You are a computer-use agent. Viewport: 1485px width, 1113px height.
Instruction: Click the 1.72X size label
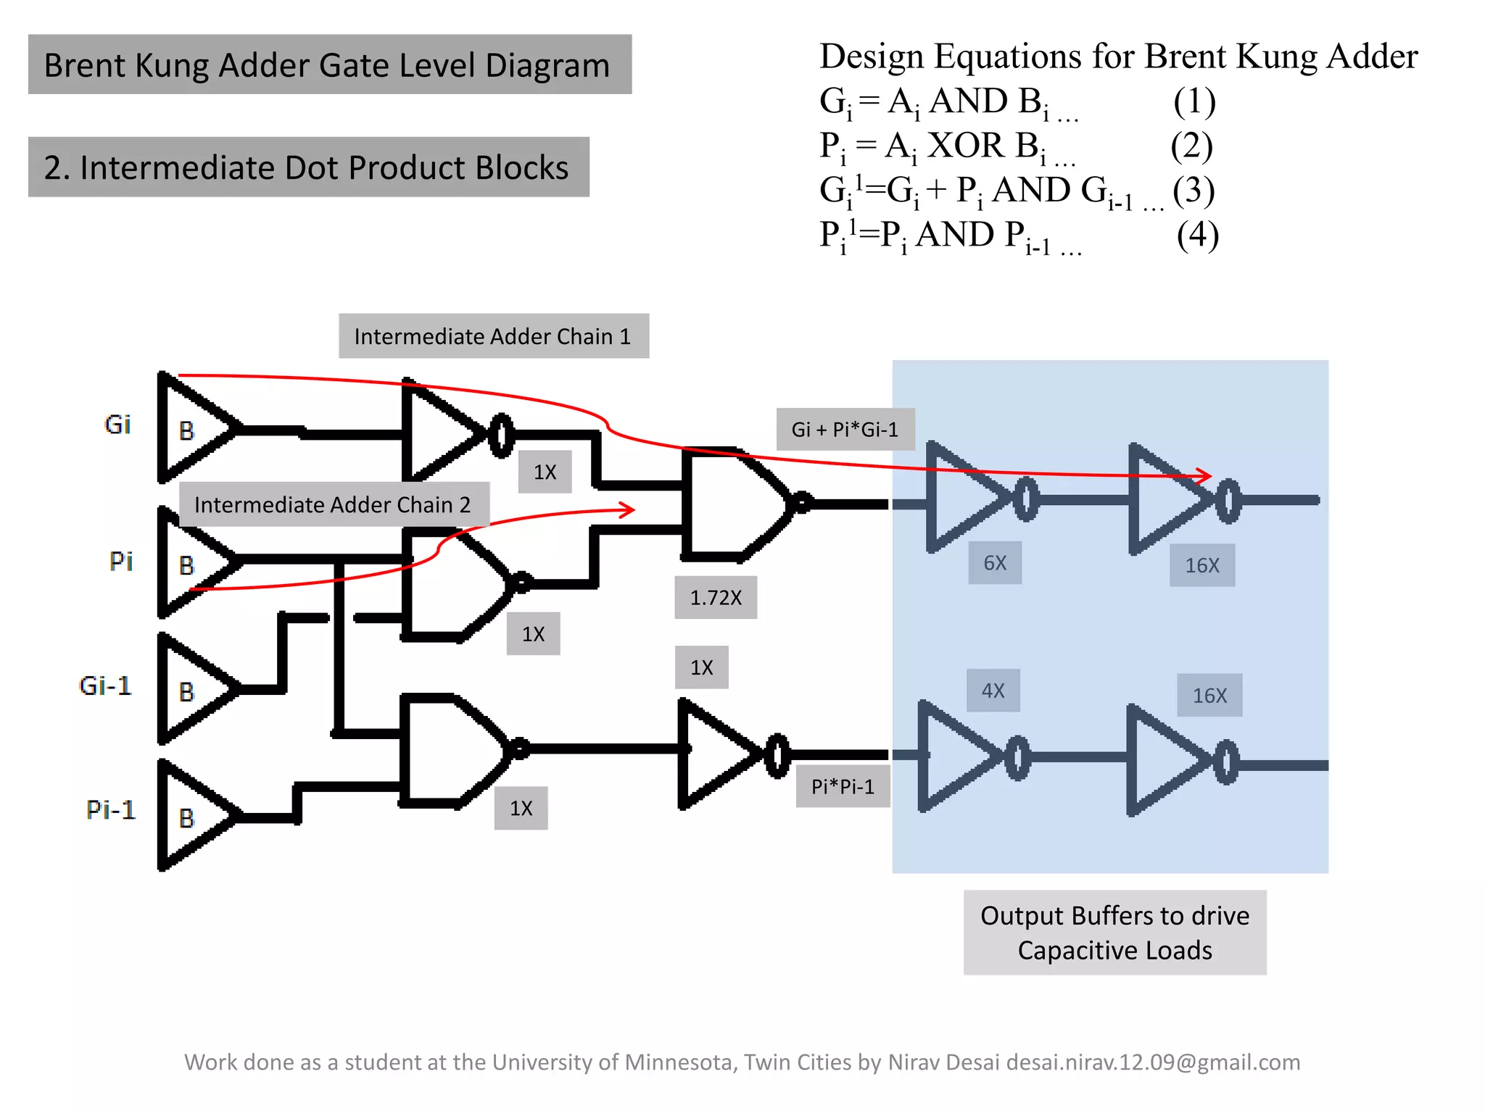click(x=716, y=598)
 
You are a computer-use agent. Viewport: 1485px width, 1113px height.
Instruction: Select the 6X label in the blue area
click(x=995, y=563)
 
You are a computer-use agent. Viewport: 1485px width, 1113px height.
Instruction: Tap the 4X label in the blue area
click(x=993, y=691)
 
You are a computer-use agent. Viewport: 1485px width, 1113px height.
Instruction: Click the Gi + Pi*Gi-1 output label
click(x=845, y=430)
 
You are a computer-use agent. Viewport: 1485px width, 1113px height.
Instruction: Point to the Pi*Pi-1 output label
click(x=843, y=786)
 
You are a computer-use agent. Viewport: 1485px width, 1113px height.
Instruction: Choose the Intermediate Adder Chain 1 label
click(x=493, y=336)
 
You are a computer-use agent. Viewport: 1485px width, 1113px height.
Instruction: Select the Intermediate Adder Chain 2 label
click(x=333, y=504)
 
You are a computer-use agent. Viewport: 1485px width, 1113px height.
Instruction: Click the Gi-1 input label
click(x=106, y=685)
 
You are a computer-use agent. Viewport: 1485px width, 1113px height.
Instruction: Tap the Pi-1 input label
click(x=110, y=809)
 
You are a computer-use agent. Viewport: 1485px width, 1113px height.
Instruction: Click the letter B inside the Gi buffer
click(x=187, y=431)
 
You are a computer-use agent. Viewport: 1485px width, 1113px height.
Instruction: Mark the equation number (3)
click(x=1194, y=191)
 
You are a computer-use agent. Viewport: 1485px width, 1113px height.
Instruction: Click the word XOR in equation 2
click(x=966, y=146)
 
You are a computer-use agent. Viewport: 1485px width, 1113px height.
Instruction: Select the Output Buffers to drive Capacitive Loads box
click(x=1114, y=933)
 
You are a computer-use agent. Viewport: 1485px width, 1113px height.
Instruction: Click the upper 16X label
click(x=1202, y=565)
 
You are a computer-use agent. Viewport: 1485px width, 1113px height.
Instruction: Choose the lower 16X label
click(x=1209, y=696)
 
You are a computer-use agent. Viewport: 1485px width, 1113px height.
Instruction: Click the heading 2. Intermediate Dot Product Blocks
click(x=308, y=167)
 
